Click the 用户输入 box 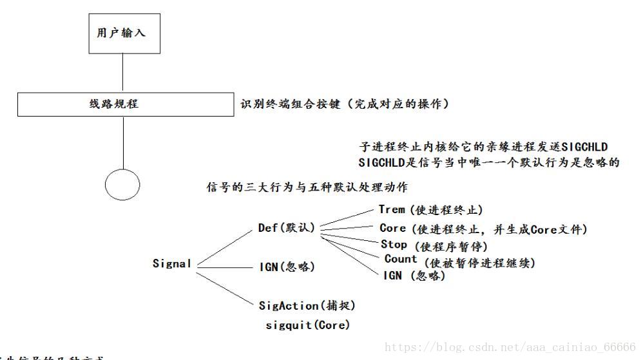(122, 32)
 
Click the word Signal (172, 263)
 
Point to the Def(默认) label (286, 227)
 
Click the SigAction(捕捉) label (307, 305)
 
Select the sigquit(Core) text (307, 325)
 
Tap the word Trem (392, 209)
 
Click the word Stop (394, 245)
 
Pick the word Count (401, 259)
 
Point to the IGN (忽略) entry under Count (414, 276)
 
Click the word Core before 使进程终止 (392, 228)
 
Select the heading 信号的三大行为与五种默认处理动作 (306, 187)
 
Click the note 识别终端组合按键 (344, 104)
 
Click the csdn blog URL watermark (510, 347)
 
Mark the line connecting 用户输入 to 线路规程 (122, 73)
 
